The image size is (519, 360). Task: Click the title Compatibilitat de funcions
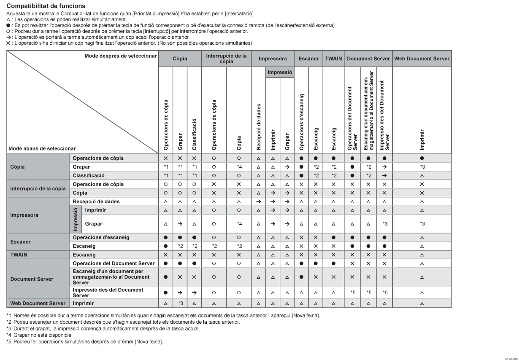pyautogui.click(x=46, y=6)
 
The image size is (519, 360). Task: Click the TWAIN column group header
pyautogui.click(x=334, y=59)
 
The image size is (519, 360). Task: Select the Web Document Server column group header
pyautogui.click(x=422, y=59)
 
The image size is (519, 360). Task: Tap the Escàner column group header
pyautogui.click(x=308, y=59)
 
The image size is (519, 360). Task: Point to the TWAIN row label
pyautogui.click(x=18, y=255)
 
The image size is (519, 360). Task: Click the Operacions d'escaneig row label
pyautogui.click(x=101, y=237)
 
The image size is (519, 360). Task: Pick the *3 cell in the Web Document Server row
pyautogui.click(x=180, y=303)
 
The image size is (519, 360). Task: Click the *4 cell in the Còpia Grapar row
pyautogui.click(x=239, y=167)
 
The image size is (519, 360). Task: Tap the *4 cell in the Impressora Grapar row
pyautogui.click(x=239, y=224)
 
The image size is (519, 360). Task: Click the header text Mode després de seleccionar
pyautogui.click(x=121, y=56)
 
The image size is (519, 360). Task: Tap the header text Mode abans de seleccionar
pyautogui.click(x=41, y=148)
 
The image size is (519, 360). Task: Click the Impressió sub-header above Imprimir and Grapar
pyautogui.click(x=280, y=73)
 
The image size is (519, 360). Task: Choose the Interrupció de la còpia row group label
pyautogui.click(x=38, y=188)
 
